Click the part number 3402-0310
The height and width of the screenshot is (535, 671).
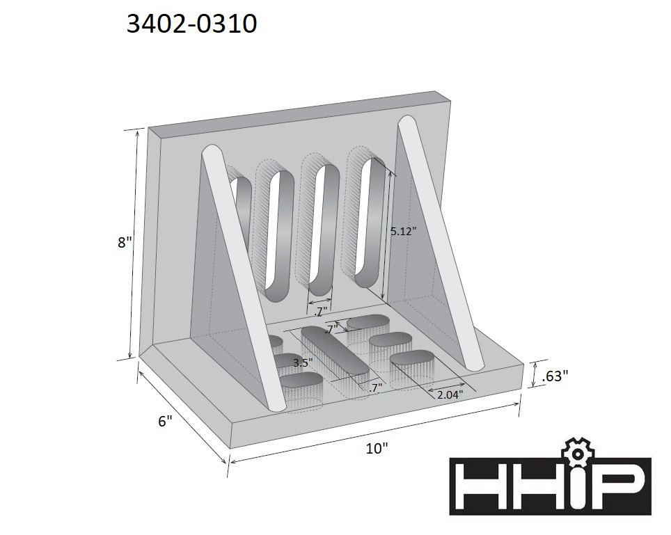tap(191, 25)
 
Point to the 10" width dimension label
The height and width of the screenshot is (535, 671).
tap(377, 449)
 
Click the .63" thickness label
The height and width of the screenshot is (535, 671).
tap(554, 376)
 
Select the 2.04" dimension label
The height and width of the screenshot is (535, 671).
tap(450, 394)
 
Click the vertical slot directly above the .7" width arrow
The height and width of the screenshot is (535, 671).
tap(322, 230)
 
